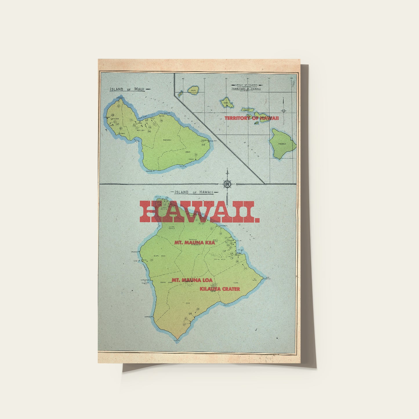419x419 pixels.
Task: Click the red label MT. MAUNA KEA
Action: (x=195, y=243)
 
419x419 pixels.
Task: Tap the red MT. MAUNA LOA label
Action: (x=192, y=280)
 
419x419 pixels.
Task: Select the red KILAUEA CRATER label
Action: (x=220, y=289)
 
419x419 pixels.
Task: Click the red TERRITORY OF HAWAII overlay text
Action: (x=251, y=118)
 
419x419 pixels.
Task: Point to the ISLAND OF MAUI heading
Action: (x=127, y=89)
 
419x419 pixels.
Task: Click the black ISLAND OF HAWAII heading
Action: (x=194, y=192)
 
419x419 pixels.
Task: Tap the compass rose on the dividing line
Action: (x=227, y=184)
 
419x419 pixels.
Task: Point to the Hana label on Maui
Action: (x=188, y=152)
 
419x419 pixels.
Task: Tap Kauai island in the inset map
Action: (x=193, y=90)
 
